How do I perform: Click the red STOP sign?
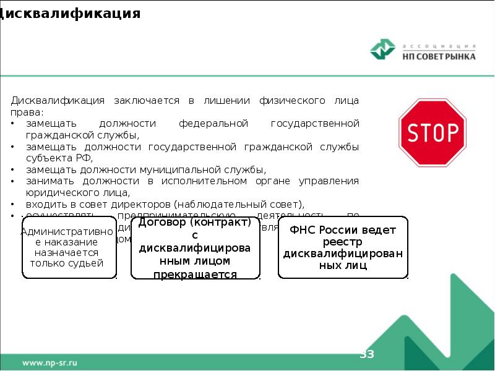(432, 132)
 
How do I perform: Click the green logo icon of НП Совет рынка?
(383, 50)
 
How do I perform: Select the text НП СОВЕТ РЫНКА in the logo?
(439, 56)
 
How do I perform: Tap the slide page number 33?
(367, 354)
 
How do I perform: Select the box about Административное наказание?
(69, 247)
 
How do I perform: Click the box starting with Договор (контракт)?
(194, 247)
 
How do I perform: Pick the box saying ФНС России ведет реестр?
(343, 247)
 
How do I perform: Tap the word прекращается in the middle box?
(195, 274)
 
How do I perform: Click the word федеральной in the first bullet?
(213, 124)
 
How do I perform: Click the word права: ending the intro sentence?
(27, 112)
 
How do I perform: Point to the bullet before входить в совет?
(14, 203)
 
